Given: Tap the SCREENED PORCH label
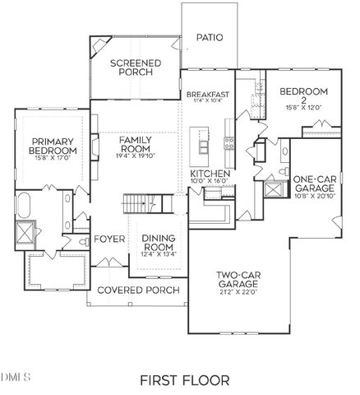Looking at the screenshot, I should pyautogui.click(x=135, y=68).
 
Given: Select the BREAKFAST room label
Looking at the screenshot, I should pyautogui.click(x=206, y=95).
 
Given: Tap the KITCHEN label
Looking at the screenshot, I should pyautogui.click(x=210, y=174).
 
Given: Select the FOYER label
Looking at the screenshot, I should pyautogui.click(x=108, y=240).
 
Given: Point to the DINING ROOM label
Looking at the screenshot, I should pyautogui.click(x=159, y=244).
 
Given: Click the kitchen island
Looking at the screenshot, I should pyautogui.click(x=202, y=145).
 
